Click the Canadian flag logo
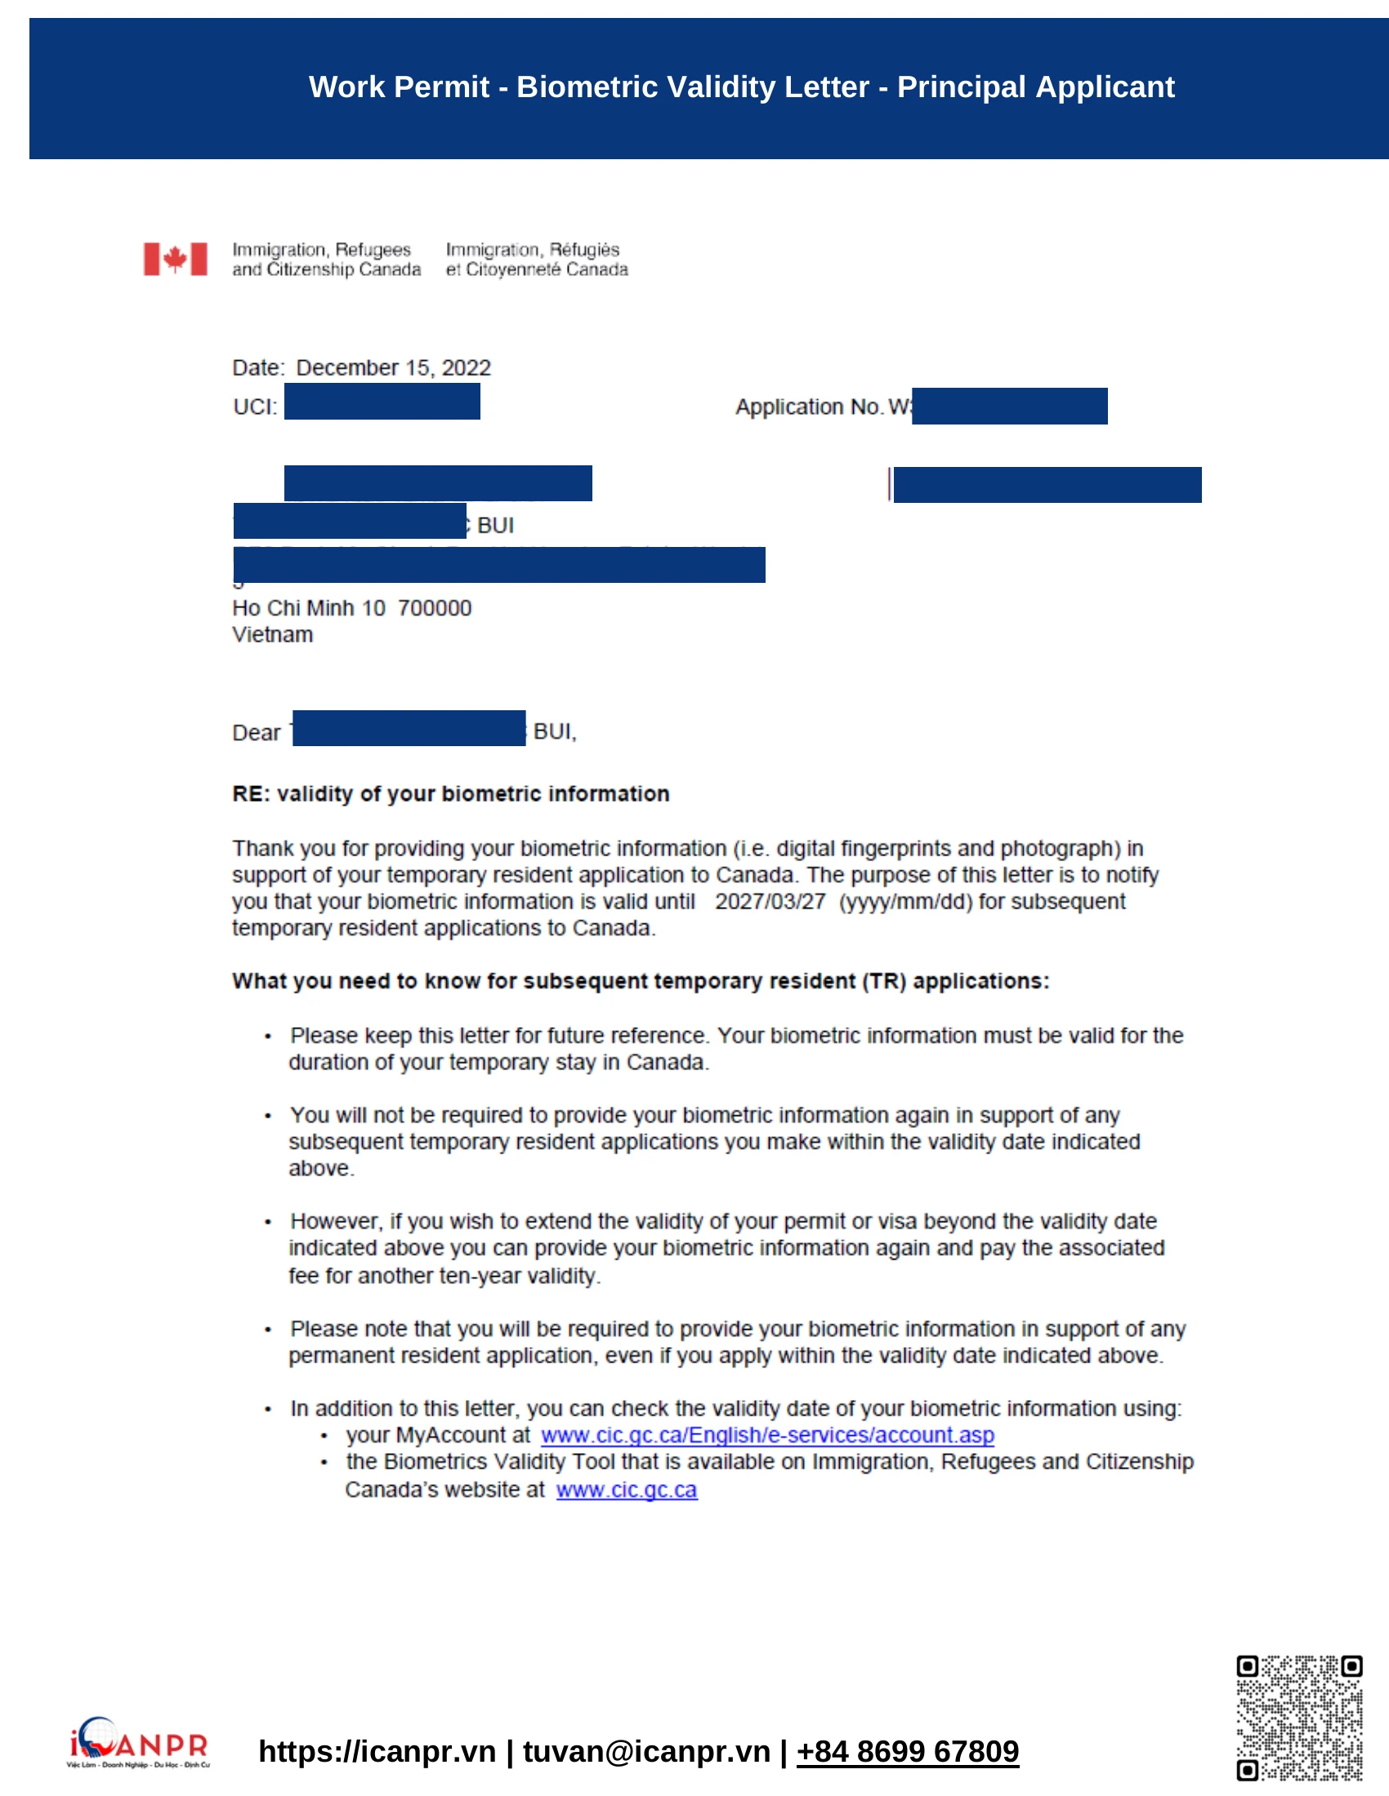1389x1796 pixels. pos(176,259)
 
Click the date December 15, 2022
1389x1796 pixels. pos(393,367)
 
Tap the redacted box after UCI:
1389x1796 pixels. pos(382,402)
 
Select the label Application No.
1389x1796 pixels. pos(809,407)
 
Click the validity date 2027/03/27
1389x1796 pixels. pos(770,901)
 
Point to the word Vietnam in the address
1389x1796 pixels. pos(272,635)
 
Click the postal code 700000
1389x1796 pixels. pos(435,608)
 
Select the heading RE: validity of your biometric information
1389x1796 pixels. pos(450,794)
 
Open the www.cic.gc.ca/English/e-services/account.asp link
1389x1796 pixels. pos(767,1435)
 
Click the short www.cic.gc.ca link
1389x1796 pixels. pos(626,1489)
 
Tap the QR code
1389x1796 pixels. pos(1298,1718)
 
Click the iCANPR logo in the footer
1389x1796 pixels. pos(138,1743)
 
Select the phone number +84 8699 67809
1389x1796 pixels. pos(907,1752)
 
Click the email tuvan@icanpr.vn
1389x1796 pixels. pos(646,1752)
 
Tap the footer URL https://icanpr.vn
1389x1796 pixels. pos(377,1752)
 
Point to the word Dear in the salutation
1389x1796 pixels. pos(256,733)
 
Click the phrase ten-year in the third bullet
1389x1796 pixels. pos(480,1275)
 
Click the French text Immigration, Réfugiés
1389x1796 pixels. pos(533,250)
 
